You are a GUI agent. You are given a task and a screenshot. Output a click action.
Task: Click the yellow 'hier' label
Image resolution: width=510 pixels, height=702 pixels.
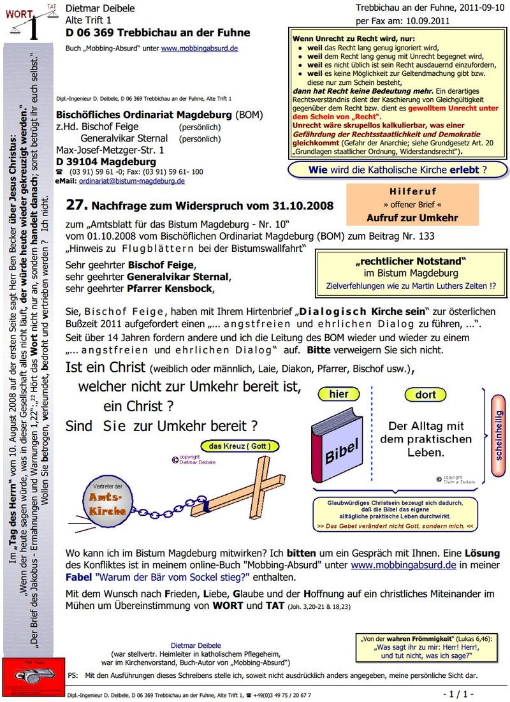(x=339, y=395)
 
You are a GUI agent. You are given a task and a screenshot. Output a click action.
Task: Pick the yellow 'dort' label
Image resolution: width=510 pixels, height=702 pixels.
(x=425, y=395)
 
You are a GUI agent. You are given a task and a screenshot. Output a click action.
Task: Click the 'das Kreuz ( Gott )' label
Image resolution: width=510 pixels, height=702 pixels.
(x=240, y=446)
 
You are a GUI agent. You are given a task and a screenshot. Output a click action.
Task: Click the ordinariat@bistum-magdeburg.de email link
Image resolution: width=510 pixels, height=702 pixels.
(x=132, y=180)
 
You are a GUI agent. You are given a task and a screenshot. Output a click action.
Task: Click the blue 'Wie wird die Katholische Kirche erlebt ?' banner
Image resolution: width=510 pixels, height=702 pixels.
(x=398, y=170)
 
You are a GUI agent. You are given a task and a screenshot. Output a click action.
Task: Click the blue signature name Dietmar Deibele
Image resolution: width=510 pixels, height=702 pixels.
(x=195, y=645)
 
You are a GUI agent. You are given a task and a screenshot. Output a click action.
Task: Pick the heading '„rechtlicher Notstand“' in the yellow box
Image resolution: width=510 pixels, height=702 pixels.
(x=411, y=261)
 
